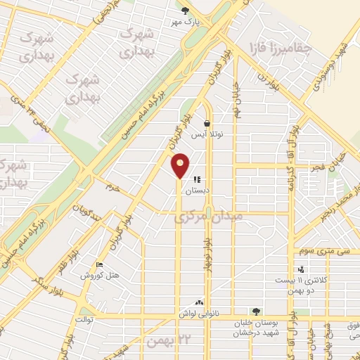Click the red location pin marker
pyautogui.click(x=181, y=165)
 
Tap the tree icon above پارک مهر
pyautogui.click(x=185, y=11)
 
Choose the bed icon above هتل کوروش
pyautogui.click(x=99, y=265)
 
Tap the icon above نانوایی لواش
pyautogui.click(x=199, y=302)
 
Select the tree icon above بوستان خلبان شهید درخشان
pyautogui.click(x=256, y=311)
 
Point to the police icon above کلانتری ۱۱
pyautogui.click(x=301, y=269)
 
